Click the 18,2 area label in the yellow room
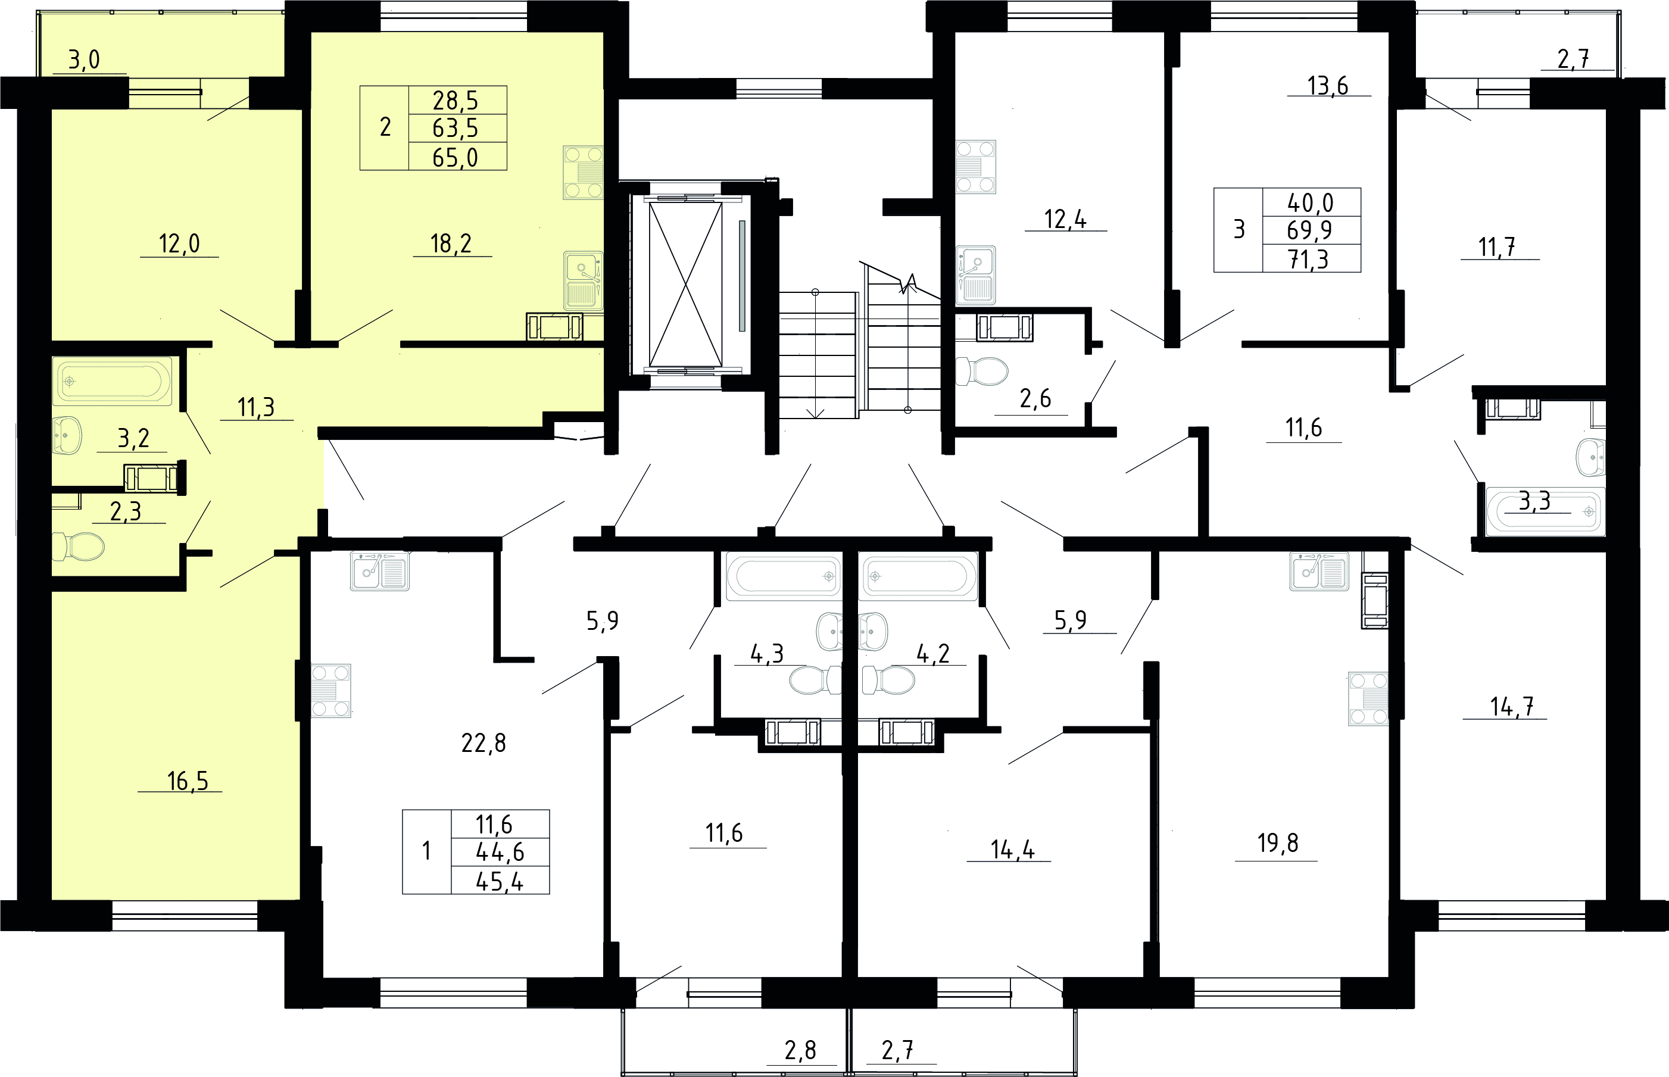pos(451,244)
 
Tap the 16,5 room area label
pos(188,781)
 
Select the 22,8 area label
pos(483,743)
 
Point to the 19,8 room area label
pos(1278,844)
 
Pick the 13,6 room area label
pos(1328,85)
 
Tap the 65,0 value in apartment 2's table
pos(456,157)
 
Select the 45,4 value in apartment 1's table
pos(500,882)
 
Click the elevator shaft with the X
pos(685,285)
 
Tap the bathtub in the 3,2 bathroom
pos(113,382)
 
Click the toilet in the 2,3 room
pos(79,546)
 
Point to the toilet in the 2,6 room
pos(982,372)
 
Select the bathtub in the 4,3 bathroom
pos(784,576)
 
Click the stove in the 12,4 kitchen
pos(976,167)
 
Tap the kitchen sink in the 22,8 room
pos(380,572)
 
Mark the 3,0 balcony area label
pos(84,60)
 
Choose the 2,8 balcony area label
pos(800,1050)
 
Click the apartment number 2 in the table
pos(385,127)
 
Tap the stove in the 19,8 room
pos(1368,699)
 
